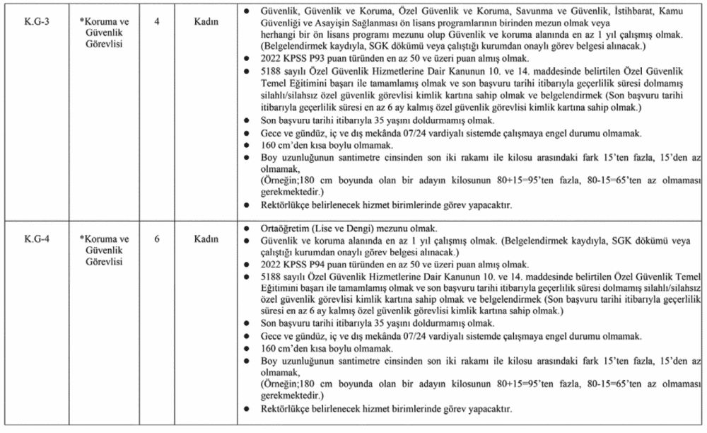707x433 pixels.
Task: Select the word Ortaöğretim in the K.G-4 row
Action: (279, 229)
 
